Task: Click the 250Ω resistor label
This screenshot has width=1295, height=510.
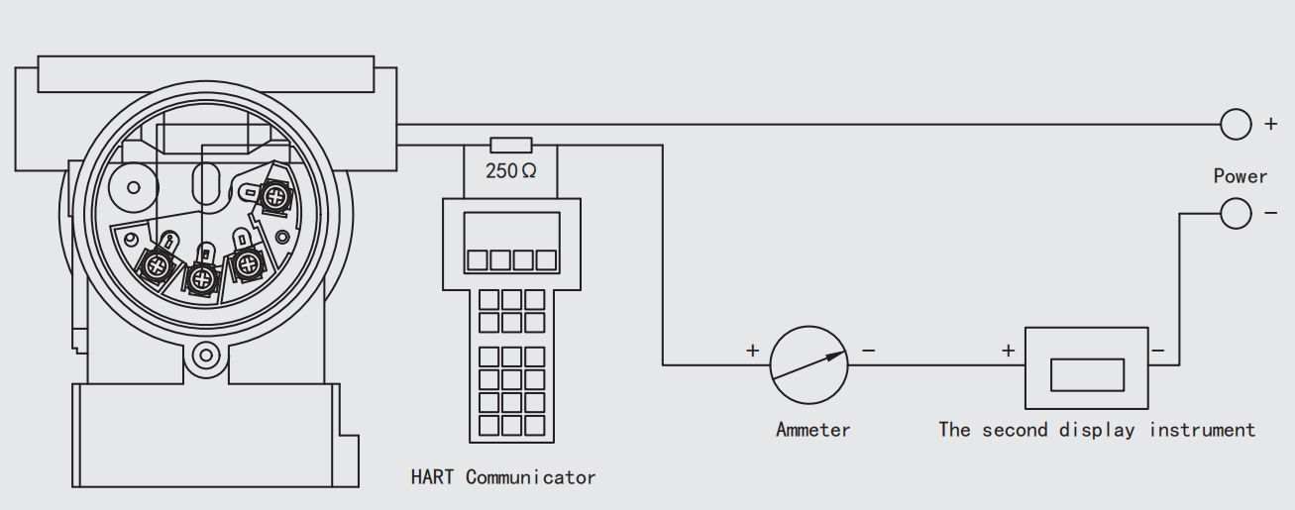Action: [x=510, y=170]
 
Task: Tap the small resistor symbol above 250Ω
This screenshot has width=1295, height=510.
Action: [x=511, y=145]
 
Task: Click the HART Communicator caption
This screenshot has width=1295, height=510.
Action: [x=503, y=477]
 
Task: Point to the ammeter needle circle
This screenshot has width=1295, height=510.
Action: [x=809, y=365]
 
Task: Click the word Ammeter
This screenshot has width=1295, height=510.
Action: [x=812, y=430]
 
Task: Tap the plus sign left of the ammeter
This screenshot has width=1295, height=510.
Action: [x=752, y=350]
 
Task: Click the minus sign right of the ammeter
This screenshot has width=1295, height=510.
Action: [x=869, y=350]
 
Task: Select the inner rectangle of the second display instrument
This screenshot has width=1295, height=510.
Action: [x=1087, y=374]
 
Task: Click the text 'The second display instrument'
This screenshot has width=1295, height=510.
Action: [x=1097, y=430]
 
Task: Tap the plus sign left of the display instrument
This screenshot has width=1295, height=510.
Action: [x=1008, y=350]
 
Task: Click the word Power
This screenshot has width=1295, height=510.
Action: [x=1241, y=176]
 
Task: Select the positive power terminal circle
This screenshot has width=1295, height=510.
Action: [x=1236, y=124]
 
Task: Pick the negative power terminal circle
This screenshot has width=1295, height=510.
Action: [x=1236, y=213]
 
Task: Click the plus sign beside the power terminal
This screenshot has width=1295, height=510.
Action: [x=1271, y=125]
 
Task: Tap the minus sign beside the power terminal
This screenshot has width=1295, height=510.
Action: [x=1271, y=213]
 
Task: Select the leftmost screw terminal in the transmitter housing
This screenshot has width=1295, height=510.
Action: [x=157, y=264]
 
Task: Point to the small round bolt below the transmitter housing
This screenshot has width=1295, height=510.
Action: [x=206, y=353]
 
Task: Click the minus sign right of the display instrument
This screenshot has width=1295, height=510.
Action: [x=1157, y=350]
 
